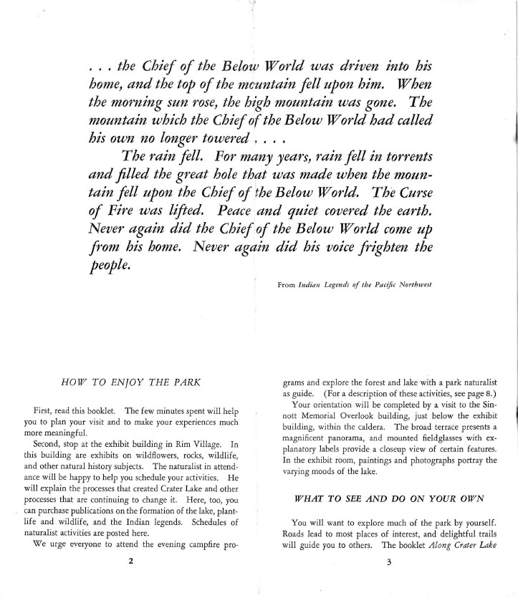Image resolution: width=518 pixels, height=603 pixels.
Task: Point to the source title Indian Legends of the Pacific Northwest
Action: (x=374, y=285)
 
